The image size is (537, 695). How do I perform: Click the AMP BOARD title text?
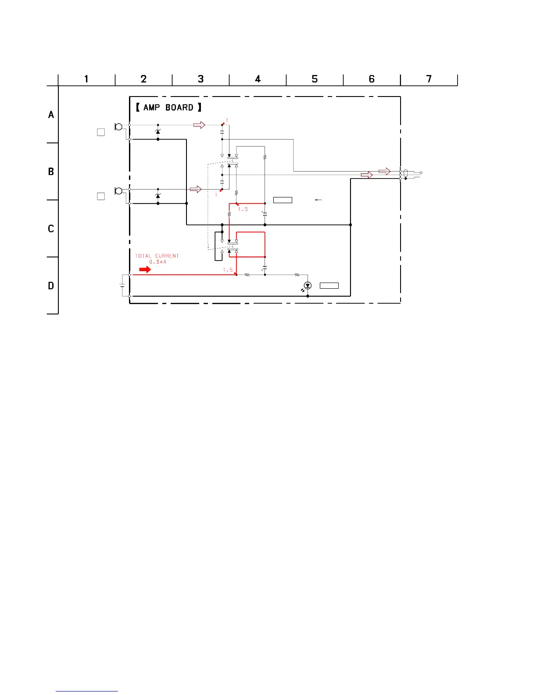pos(168,107)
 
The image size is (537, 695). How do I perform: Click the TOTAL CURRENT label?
pos(157,256)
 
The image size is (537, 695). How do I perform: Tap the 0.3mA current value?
pos(158,262)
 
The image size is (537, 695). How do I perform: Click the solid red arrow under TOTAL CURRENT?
pos(145,269)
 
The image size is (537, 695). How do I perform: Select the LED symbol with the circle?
pos(308,286)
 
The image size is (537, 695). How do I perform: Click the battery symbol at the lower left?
pos(122,285)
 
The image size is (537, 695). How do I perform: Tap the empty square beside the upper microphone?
pos(101,132)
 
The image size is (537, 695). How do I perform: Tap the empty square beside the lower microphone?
pos(101,196)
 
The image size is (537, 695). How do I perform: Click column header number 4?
pos(258,79)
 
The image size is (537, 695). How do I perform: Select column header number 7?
pos(429,79)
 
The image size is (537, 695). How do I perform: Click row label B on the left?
pos(51,172)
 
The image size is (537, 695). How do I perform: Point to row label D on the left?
pos(51,286)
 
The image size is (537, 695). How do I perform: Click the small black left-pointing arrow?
pos(319,200)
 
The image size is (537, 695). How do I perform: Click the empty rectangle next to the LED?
pos(329,286)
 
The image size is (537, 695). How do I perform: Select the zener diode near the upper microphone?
pos(158,132)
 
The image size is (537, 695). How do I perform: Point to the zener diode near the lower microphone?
pos(158,196)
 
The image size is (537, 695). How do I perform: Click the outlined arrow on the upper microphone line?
pos(199,125)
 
